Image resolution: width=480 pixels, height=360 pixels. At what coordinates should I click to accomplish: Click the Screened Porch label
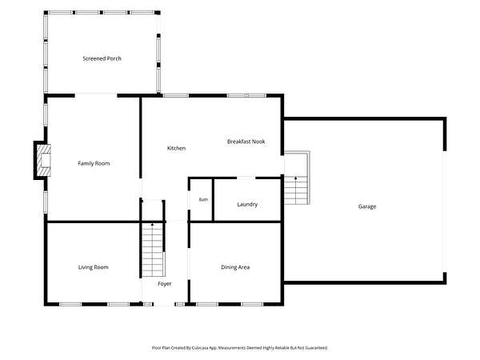click(102, 58)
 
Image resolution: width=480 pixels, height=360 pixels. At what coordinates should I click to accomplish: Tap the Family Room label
click(94, 163)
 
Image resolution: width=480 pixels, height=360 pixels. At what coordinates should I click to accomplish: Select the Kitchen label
click(176, 148)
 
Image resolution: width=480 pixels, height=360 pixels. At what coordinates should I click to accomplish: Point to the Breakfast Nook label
click(246, 142)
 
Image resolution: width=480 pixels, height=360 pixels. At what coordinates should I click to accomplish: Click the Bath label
click(203, 199)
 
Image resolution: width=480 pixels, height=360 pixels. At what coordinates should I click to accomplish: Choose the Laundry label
click(247, 204)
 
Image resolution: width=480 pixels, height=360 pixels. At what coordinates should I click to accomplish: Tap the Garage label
click(367, 206)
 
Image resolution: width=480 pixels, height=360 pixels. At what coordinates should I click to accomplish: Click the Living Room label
click(94, 267)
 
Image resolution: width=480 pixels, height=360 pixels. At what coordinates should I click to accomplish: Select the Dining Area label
click(235, 267)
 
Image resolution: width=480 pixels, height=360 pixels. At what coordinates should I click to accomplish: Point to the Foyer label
click(164, 284)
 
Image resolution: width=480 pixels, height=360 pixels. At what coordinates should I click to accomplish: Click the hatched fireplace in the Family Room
click(44, 160)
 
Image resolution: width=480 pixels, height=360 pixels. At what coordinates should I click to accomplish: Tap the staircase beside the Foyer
click(153, 250)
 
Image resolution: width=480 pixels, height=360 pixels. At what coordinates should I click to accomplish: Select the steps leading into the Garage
click(297, 178)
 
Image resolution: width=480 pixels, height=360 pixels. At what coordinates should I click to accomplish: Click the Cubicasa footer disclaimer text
click(240, 348)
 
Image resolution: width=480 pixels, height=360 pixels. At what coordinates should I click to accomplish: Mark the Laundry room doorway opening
click(246, 178)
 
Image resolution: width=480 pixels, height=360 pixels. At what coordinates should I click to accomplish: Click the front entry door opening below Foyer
click(164, 304)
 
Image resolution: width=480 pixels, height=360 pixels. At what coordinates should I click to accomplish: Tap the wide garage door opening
click(445, 211)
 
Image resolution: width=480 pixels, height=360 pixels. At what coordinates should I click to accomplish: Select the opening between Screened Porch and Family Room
click(96, 95)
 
